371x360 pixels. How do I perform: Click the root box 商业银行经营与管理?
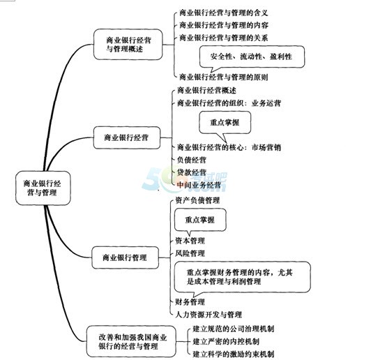click(43, 188)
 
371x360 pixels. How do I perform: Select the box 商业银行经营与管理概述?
click(128, 44)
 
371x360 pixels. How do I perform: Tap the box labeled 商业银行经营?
click(127, 137)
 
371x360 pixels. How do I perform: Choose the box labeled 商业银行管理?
click(125, 257)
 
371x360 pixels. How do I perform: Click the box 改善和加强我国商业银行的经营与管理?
click(131, 341)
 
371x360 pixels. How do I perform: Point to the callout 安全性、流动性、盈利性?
click(252, 57)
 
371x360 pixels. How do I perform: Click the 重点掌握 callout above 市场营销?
click(225, 123)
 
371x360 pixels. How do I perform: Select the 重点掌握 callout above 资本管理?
click(200, 220)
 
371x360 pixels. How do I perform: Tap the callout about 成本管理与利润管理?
click(242, 278)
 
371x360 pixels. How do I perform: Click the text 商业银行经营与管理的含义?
click(224, 13)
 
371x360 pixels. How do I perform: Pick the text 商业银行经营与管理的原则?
click(224, 77)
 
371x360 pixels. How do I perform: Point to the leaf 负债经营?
click(192, 160)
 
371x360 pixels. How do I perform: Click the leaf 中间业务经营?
click(199, 185)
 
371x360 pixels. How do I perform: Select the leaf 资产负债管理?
click(197, 200)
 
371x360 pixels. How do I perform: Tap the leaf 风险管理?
click(190, 253)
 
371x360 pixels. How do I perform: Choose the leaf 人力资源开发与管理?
click(209, 315)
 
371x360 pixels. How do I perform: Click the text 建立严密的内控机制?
click(226, 341)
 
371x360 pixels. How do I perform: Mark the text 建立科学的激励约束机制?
click(234, 354)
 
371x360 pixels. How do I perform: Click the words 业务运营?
click(266, 103)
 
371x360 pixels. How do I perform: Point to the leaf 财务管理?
click(190, 302)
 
